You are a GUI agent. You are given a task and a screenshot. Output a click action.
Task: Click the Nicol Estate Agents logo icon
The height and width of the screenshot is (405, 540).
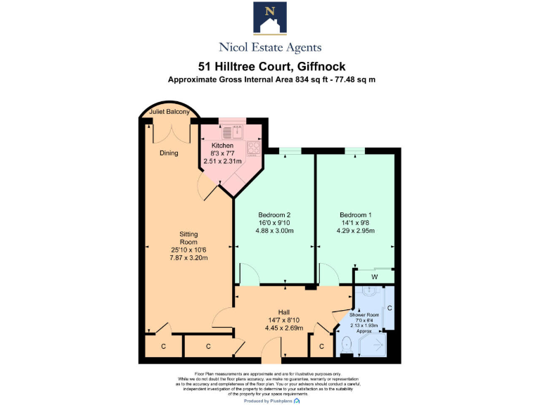point(269,19)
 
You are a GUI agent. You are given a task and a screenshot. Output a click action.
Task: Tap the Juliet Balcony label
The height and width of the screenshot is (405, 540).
point(169,112)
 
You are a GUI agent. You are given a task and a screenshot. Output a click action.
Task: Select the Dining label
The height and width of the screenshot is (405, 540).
point(169,153)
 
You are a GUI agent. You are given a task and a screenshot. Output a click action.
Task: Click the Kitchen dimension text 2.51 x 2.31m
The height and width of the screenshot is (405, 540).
point(222,161)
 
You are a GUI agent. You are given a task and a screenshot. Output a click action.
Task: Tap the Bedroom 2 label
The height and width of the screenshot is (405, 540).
point(274,214)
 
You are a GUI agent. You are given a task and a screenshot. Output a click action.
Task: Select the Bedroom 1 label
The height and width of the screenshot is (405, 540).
point(356,214)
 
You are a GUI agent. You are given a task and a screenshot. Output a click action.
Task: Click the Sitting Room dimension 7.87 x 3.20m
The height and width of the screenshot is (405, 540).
point(188,257)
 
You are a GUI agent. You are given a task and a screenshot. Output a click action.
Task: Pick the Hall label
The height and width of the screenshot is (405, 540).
point(283,311)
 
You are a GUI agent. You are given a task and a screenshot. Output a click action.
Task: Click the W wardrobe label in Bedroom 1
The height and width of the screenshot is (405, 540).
point(374,276)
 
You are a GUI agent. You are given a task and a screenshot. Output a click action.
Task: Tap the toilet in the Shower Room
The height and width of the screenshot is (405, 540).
point(347,343)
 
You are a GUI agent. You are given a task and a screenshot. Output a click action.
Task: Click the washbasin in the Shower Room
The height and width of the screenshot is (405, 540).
point(369,292)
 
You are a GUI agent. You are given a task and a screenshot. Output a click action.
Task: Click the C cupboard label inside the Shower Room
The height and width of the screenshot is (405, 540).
point(389,308)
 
